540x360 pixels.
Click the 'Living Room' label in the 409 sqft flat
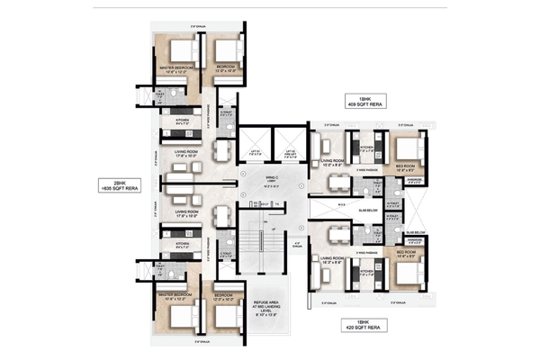pyautogui.click(x=335, y=165)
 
